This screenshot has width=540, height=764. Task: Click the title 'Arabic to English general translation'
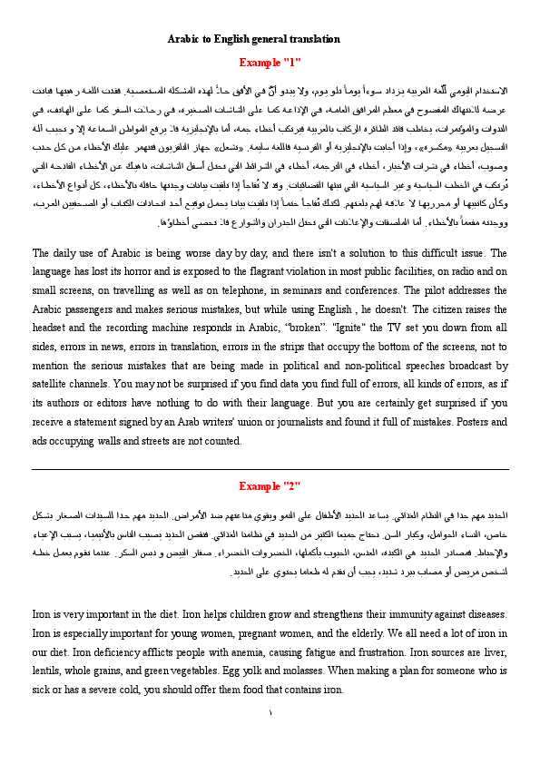coord(253,39)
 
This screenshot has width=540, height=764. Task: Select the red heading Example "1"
coord(270,62)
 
